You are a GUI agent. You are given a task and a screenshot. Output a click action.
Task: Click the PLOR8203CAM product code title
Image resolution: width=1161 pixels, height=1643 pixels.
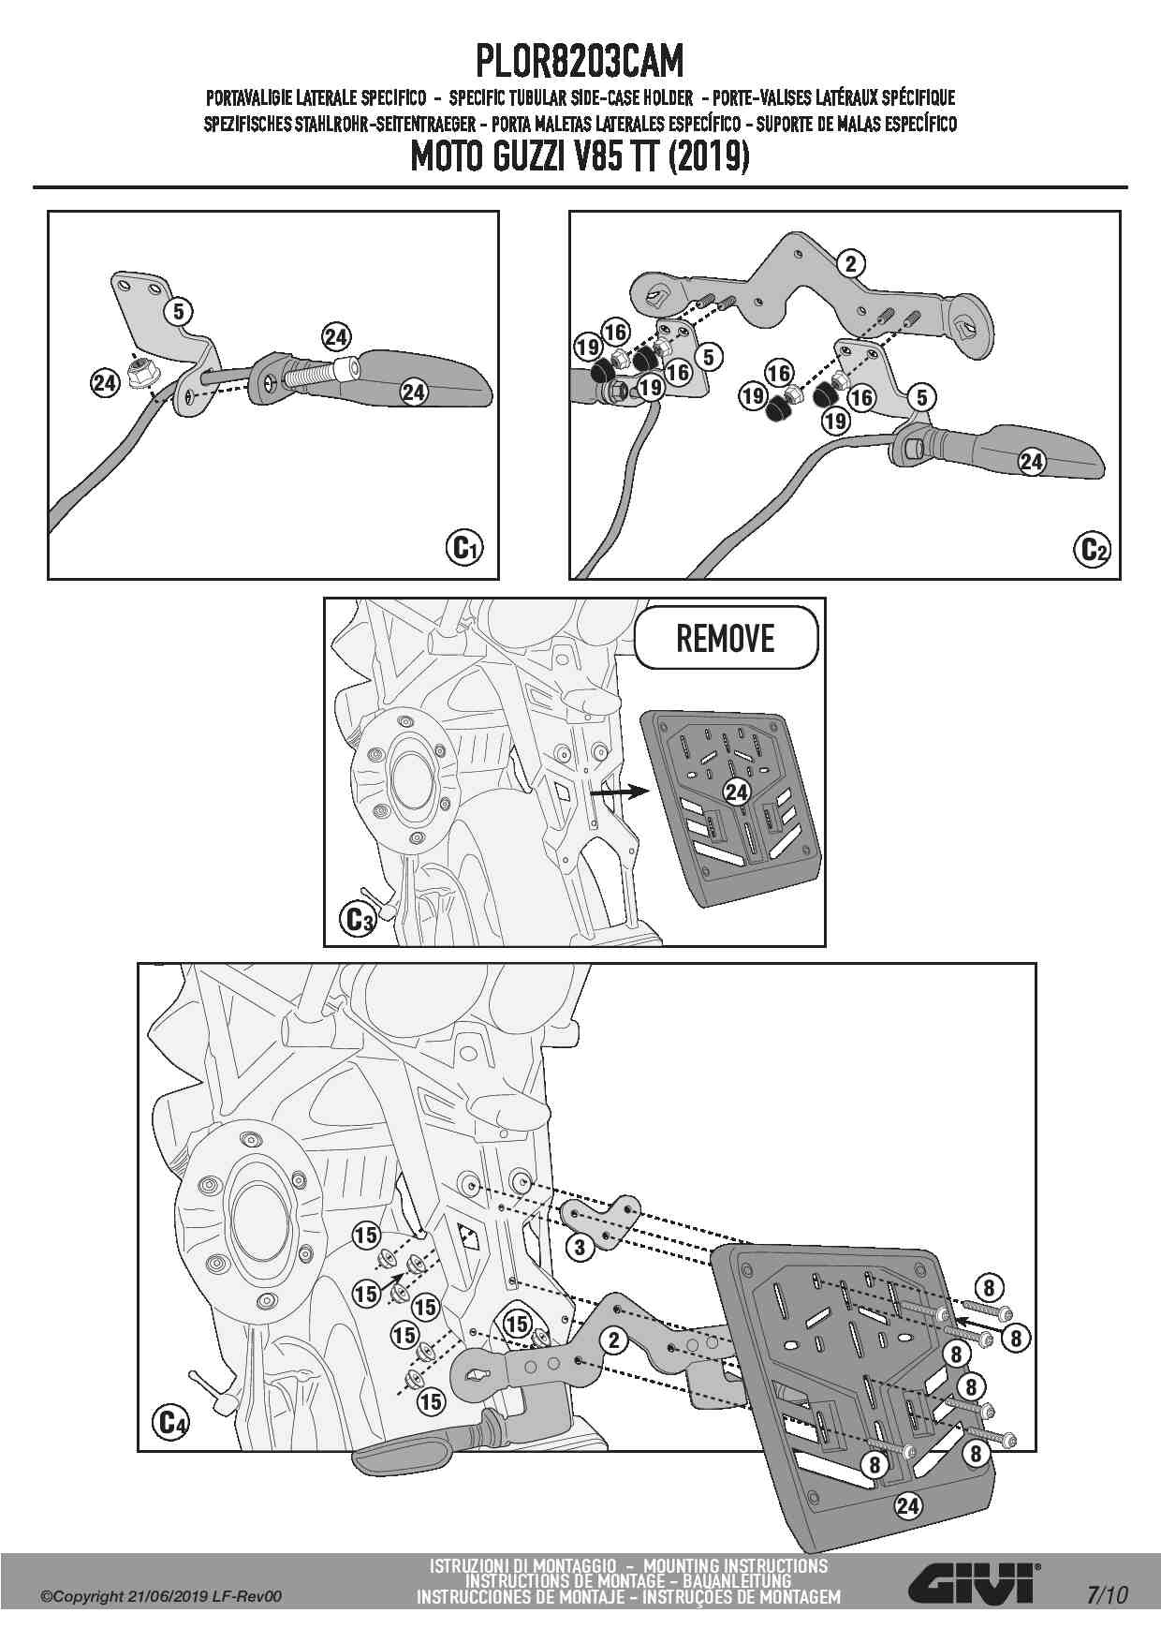point(580,63)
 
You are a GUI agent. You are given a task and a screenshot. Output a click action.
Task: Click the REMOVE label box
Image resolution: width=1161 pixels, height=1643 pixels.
point(725,639)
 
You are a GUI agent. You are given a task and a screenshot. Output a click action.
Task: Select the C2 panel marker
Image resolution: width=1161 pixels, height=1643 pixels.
point(1093,547)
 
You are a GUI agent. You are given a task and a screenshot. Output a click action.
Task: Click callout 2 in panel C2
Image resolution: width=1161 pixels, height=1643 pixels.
point(850,263)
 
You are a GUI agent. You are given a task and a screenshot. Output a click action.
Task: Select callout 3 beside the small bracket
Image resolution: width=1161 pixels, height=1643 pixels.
point(580,1246)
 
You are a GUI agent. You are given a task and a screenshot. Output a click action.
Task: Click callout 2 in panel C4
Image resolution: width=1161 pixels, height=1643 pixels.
point(613,1340)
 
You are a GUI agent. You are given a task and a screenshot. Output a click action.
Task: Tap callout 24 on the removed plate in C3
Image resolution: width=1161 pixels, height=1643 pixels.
point(737,792)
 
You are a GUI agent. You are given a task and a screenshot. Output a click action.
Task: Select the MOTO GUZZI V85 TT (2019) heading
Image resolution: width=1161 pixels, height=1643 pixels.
point(580,157)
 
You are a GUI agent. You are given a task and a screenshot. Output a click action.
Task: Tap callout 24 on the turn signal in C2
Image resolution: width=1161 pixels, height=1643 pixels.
point(1031,461)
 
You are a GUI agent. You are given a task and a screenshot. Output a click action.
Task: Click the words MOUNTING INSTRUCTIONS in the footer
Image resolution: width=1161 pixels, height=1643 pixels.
point(736,1565)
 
